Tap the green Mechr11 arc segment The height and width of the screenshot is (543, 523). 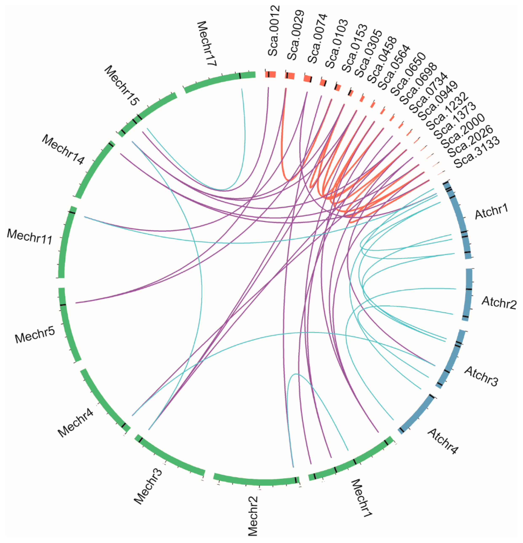[66, 244]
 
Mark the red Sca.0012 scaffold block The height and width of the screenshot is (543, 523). [270, 74]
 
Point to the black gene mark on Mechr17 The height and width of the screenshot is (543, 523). [240, 76]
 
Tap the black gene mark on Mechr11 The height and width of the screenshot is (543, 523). [72, 212]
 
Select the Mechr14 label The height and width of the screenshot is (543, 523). [63, 150]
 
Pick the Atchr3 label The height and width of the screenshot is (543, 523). [481, 376]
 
